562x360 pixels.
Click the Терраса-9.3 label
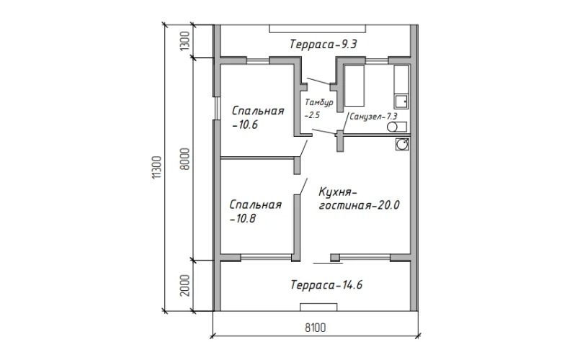323,45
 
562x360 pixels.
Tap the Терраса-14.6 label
326,285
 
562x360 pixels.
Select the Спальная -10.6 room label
258,117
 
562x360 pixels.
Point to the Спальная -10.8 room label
256,212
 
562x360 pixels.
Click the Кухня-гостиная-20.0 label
359,199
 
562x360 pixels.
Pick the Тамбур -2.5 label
318,109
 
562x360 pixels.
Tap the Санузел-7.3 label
373,117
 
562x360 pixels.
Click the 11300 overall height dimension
157,167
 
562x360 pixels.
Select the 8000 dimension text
185,159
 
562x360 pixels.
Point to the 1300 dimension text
184,41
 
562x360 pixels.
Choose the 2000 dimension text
184,286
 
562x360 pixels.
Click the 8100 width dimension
316,328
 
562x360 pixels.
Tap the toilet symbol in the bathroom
397,127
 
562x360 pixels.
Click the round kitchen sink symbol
402,144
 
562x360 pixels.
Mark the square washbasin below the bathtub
401,102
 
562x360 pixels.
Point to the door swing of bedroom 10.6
303,148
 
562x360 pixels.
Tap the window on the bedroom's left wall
217,108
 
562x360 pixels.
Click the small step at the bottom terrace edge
318,307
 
